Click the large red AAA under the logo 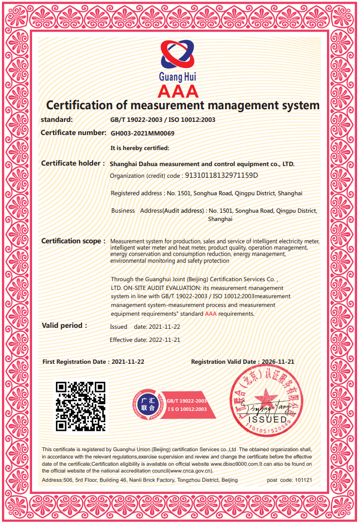click(x=178, y=91)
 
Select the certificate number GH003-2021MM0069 click(x=142, y=133)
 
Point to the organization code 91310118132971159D click(x=222, y=175)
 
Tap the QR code click(x=81, y=406)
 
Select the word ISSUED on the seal click(x=267, y=419)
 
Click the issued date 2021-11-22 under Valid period click(x=164, y=327)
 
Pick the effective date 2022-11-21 click(x=164, y=340)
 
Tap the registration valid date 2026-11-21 click(x=278, y=362)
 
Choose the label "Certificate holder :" click(x=73, y=164)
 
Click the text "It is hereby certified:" click(x=140, y=148)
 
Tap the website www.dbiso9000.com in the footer click(x=233, y=464)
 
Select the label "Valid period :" click(x=64, y=325)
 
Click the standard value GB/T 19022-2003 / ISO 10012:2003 click(x=163, y=119)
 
